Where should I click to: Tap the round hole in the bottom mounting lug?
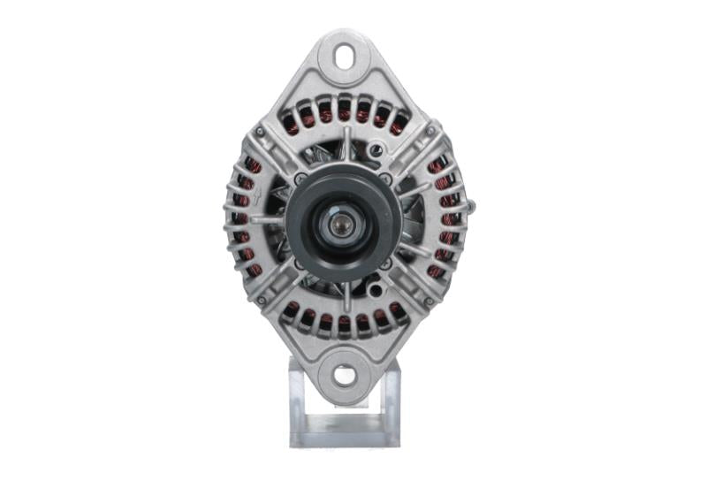pos(345,374)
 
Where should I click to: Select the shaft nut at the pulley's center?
pos(340,225)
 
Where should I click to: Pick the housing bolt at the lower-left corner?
pos(260,301)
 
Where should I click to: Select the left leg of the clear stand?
pos(298,402)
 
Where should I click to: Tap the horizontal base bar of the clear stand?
pos(345,439)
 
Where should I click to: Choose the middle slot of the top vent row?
pos(344,111)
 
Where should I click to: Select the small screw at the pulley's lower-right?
pos(385,263)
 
